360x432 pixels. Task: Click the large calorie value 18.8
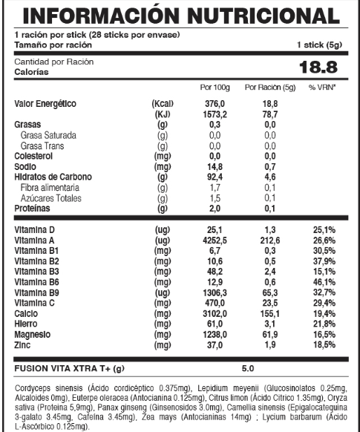point(318,68)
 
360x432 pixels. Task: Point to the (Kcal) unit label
point(163,105)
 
